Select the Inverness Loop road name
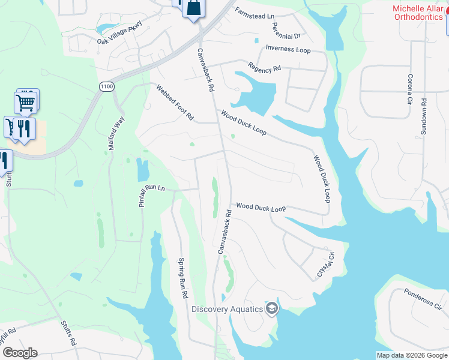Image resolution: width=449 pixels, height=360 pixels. pyautogui.click(x=288, y=49)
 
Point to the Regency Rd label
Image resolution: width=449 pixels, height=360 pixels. pyautogui.click(x=265, y=68)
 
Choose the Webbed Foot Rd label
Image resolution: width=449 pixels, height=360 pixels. pyautogui.click(x=175, y=103)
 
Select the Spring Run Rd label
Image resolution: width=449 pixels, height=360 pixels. pyautogui.click(x=183, y=278)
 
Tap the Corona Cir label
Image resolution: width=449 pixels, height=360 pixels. pyautogui.click(x=411, y=88)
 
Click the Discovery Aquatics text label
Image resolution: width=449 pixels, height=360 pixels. pyautogui.click(x=228, y=309)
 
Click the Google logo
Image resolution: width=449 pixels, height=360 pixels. pyautogui.click(x=20, y=353)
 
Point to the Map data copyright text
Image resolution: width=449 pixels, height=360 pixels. pyautogui.click(x=412, y=355)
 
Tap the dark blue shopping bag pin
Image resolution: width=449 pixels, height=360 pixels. pyautogui.click(x=193, y=8)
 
